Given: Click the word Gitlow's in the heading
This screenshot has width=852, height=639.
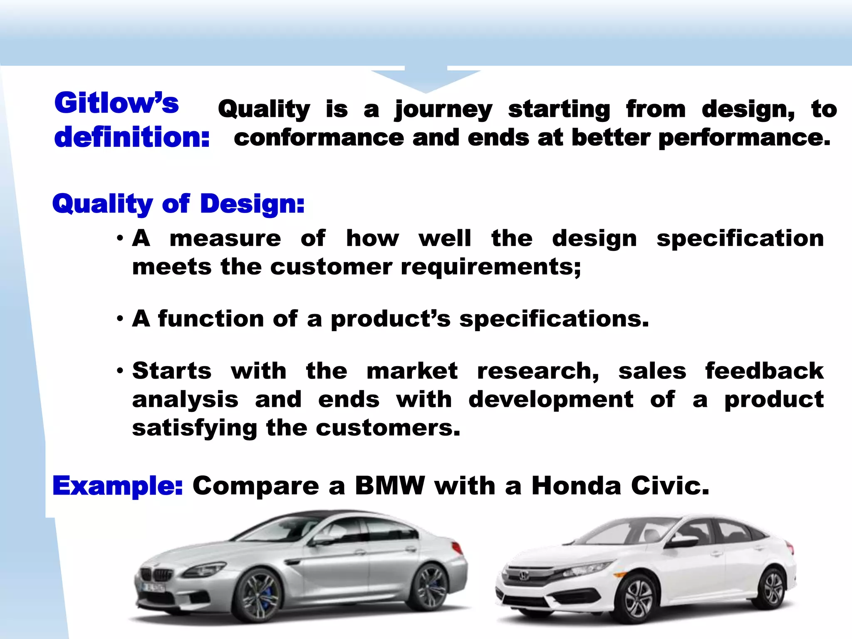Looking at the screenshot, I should click(116, 103).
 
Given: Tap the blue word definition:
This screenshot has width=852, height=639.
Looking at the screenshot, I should click(132, 137).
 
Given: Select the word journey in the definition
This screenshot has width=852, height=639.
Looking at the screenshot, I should click(443, 110).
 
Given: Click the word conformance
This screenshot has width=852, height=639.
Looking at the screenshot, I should click(319, 138).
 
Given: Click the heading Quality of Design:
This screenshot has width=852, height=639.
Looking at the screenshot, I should click(178, 204).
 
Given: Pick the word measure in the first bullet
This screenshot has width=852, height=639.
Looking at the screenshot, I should click(225, 239).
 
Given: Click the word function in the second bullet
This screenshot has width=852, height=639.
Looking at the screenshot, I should click(211, 319).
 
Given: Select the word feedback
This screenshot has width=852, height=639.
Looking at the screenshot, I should click(764, 371).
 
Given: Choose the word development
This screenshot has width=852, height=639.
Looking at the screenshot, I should click(551, 399).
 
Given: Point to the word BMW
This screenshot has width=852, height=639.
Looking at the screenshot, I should click(390, 485).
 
